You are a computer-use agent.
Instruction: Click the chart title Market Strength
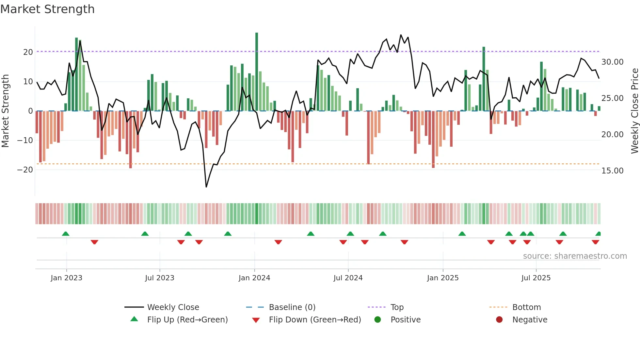click(48, 9)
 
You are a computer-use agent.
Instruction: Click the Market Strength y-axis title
click(5, 111)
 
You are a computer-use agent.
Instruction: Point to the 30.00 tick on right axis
click(612, 62)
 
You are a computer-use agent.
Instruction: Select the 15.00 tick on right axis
click(612, 171)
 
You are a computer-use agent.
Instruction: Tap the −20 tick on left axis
click(25, 170)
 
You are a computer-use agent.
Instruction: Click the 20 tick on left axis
click(28, 52)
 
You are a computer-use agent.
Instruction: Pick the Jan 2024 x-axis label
click(254, 278)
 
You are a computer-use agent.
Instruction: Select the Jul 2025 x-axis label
click(536, 278)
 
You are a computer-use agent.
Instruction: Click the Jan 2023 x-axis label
click(67, 278)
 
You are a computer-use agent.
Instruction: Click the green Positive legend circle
click(378, 320)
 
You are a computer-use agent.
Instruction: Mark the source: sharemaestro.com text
click(575, 256)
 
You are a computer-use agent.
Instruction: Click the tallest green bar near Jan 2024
click(257, 72)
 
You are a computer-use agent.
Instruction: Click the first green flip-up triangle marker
click(66, 234)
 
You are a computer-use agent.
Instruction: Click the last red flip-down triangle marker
click(595, 242)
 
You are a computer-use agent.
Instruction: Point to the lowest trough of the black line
click(206, 187)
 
